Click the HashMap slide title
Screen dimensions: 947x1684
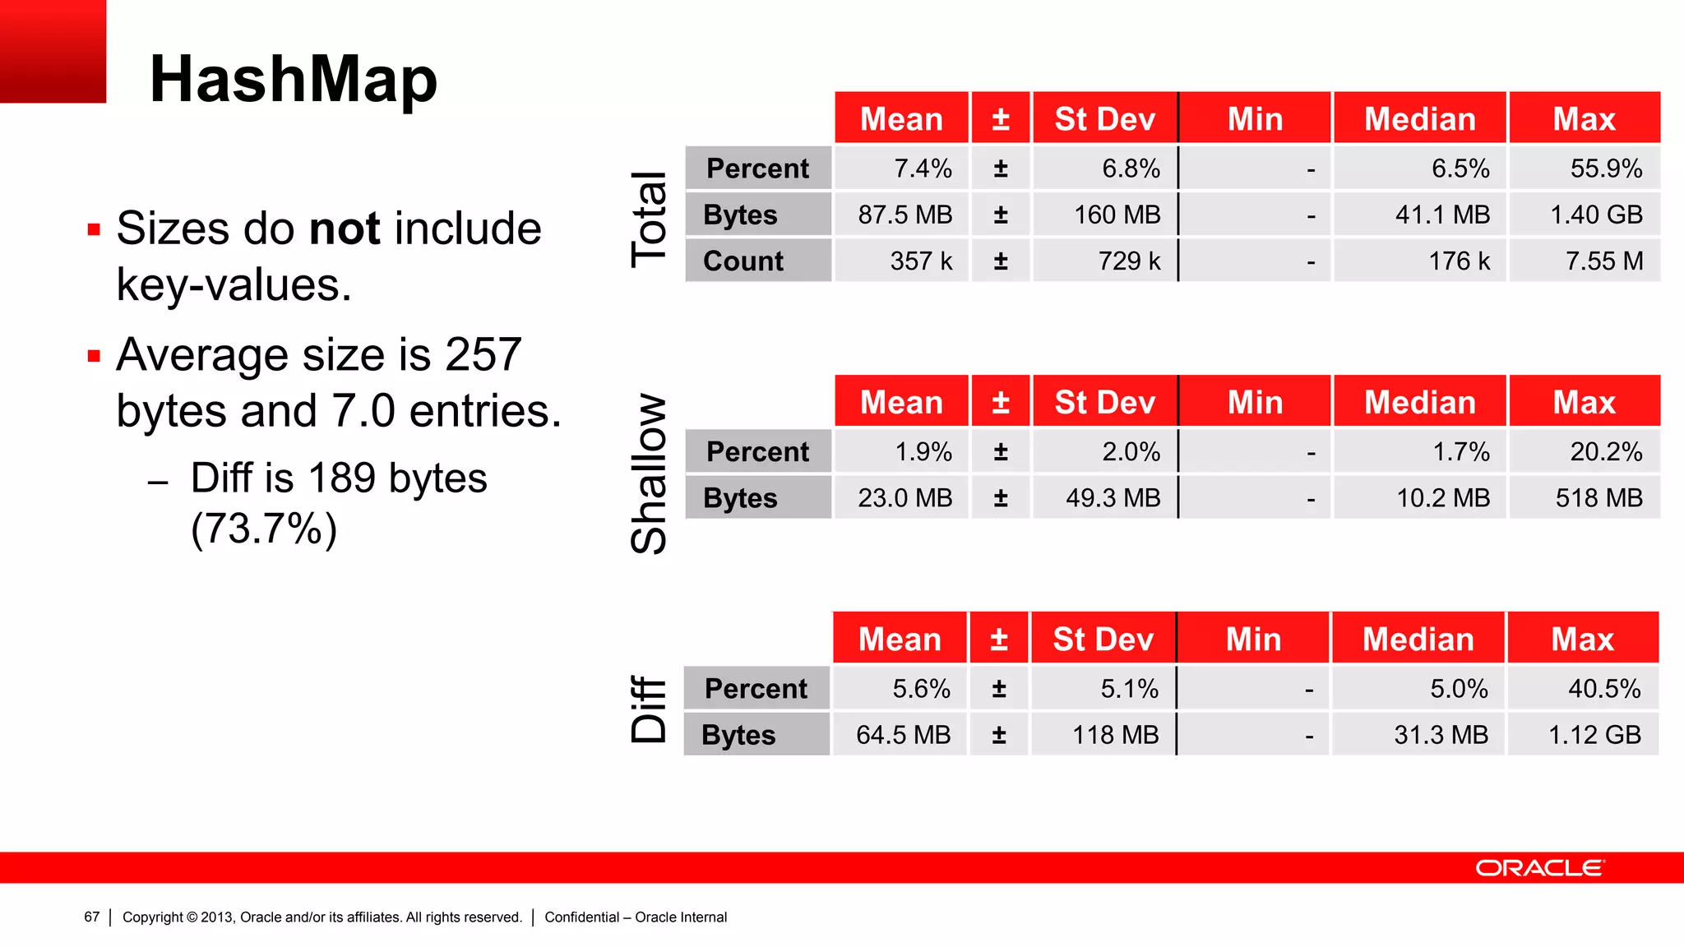pyautogui.click(x=294, y=80)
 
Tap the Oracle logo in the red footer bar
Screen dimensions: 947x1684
pyautogui.click(x=1539, y=868)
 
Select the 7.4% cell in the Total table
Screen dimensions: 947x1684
pyautogui.click(x=923, y=169)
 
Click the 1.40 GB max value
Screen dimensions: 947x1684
pyautogui.click(x=1595, y=215)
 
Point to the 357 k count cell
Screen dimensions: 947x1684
pyautogui.click(x=921, y=261)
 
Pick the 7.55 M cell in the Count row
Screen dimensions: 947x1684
pyautogui.click(x=1603, y=261)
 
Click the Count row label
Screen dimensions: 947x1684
pyautogui.click(x=743, y=261)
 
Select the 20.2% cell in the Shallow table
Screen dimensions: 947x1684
pyautogui.click(x=1605, y=451)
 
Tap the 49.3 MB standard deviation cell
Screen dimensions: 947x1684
pyautogui.click(x=1113, y=498)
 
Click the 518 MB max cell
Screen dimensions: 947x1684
pyautogui.click(x=1598, y=498)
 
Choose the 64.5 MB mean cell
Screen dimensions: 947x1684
pyautogui.click(x=903, y=735)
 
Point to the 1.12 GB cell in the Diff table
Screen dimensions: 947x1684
pyautogui.click(x=1594, y=735)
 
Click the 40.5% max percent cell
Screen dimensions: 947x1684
pyautogui.click(x=1603, y=689)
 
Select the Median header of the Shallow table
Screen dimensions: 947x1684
pyautogui.click(x=1419, y=403)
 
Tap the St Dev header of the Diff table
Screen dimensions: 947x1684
pyautogui.click(x=1103, y=640)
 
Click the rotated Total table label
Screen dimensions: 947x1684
pyautogui.click(x=649, y=219)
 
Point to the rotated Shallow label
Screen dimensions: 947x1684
pyautogui.click(x=649, y=473)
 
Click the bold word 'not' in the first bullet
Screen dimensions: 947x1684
pyautogui.click(x=345, y=229)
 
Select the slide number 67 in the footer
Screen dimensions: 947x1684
pyautogui.click(x=91, y=917)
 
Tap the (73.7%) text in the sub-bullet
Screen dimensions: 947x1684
pyautogui.click(x=264, y=529)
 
